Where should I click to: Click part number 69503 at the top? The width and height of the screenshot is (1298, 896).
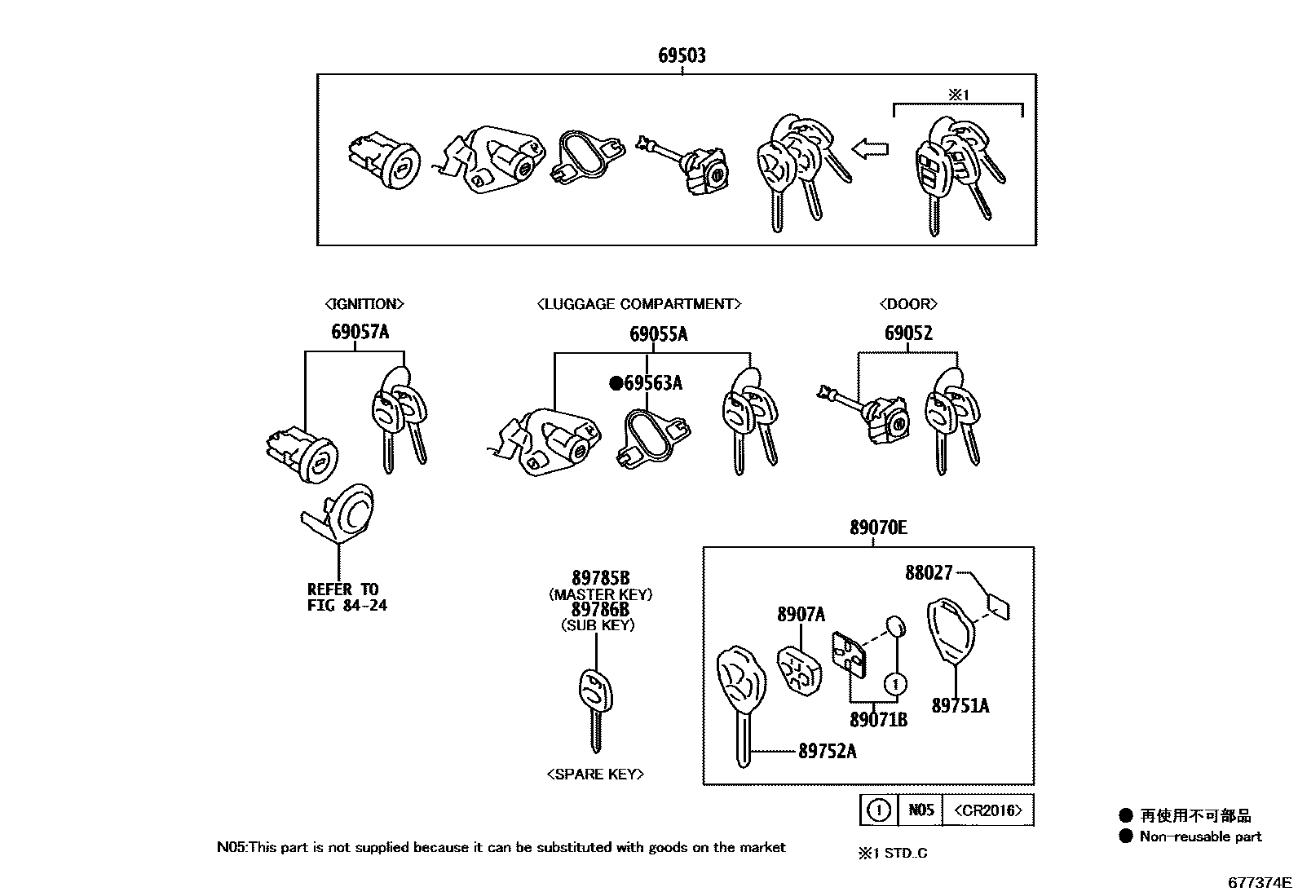coord(682,55)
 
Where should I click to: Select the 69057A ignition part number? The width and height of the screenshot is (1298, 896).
coord(360,332)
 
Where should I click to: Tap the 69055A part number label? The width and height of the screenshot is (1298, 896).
coord(658,333)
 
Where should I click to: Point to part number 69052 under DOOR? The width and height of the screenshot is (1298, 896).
coord(908,333)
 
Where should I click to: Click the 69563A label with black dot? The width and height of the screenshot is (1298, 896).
coord(647,382)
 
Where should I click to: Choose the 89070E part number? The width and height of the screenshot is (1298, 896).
coord(877,527)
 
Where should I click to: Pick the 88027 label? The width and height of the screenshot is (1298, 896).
coord(929,573)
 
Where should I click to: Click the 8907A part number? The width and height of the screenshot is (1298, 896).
coord(801,615)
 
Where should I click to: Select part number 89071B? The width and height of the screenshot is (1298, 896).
coord(878,720)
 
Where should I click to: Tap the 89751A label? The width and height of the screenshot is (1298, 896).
coord(960,706)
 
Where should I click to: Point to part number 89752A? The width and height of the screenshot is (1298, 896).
coord(827,751)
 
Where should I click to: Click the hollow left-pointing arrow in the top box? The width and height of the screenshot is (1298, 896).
coord(869,148)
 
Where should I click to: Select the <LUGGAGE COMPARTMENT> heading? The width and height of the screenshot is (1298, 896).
coord(638,304)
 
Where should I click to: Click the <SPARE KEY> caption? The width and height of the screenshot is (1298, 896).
coord(595,774)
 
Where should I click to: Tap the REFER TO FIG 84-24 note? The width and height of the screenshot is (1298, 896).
coord(347,597)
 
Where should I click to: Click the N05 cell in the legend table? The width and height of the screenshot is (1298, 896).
coord(921,810)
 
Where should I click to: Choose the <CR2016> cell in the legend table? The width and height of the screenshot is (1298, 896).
coord(987,810)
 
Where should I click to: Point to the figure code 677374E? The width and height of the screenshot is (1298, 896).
coord(1260,882)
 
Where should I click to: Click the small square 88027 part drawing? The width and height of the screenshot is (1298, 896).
coord(998,605)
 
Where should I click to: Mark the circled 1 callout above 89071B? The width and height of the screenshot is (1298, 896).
coord(895,683)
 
